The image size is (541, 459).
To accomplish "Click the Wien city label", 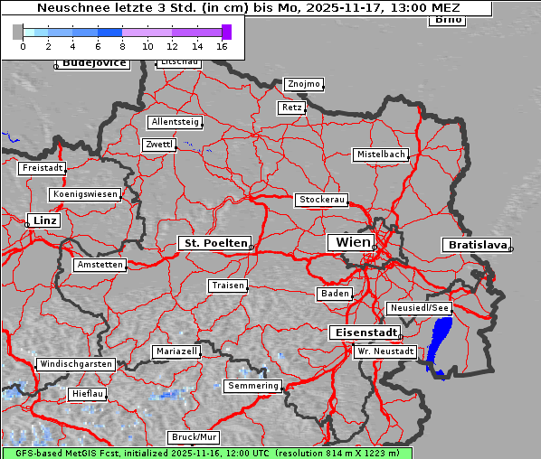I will pos(353,242).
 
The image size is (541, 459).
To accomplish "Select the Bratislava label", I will pos(475,245).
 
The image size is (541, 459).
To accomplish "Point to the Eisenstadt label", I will pos(362,333).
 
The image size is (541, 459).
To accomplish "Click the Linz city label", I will pos(43,220).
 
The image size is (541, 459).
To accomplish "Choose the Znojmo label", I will pos(303,84).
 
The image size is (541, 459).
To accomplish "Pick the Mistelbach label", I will pos(380,155).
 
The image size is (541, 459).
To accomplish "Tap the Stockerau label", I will pos(321,200).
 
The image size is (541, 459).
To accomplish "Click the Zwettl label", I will pos(159,145).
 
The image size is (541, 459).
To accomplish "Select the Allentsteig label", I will pos(175,122).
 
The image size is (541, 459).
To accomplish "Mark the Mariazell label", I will pos(176,351).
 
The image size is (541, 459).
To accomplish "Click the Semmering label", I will pos(253,386).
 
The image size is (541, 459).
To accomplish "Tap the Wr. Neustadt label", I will pos(385,351).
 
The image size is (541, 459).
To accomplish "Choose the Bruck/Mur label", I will pos(194,437).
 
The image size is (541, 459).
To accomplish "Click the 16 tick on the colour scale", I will pos(222,45).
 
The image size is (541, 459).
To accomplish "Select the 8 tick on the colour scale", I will pos(122,45).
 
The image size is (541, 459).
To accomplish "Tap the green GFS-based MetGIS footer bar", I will pos(207,453).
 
